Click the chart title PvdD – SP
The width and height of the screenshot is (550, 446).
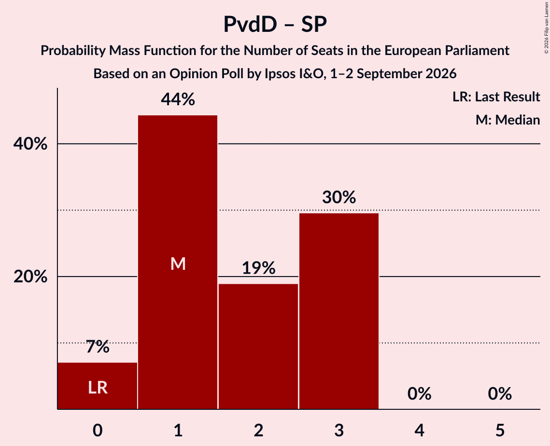[275, 24]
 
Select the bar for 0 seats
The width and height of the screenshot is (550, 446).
[98, 386]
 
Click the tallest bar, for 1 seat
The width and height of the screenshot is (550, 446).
[178, 262]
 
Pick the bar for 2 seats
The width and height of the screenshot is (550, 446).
[258, 347]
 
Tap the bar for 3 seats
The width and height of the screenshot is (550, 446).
[339, 311]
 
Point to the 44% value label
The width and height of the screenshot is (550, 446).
[178, 99]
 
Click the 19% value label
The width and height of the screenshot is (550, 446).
[258, 268]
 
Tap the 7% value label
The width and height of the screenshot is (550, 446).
[98, 347]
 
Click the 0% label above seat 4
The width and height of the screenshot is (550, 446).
[419, 394]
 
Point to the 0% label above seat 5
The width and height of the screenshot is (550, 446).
[500, 394]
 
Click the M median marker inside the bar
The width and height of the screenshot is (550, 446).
[178, 264]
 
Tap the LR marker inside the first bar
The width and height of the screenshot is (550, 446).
[98, 388]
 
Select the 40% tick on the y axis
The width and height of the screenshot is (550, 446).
[30, 144]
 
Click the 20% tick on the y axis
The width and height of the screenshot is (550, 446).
[30, 277]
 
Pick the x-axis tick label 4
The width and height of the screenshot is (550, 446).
[419, 430]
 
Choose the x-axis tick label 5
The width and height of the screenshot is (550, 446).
[500, 430]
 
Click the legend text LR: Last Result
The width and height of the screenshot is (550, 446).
[496, 97]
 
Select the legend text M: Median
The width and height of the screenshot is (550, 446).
[508, 120]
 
